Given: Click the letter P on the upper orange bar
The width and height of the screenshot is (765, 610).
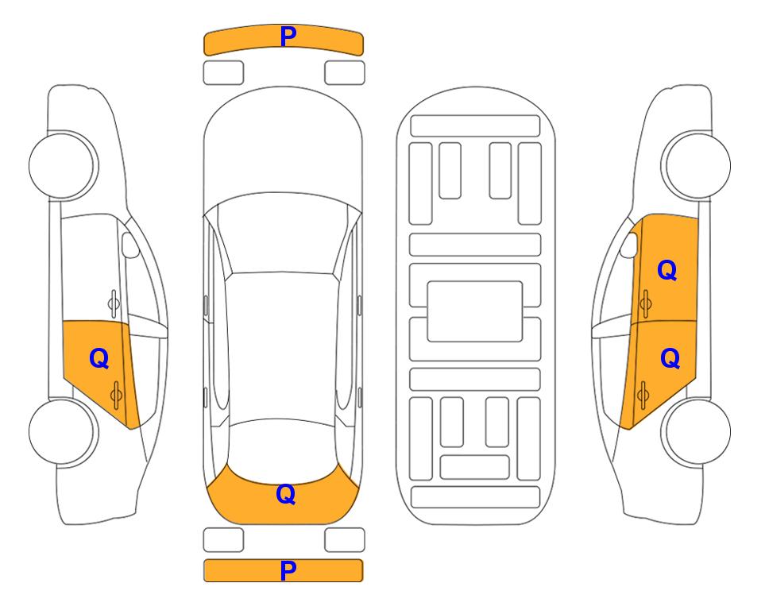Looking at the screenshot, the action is (288, 37).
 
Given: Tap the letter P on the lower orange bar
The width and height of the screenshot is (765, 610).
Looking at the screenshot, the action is (288, 570).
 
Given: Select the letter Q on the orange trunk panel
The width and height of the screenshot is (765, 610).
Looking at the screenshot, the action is (286, 494).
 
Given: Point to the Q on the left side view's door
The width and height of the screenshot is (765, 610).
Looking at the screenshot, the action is (99, 359).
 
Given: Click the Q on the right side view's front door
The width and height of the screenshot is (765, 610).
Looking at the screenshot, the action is (667, 270).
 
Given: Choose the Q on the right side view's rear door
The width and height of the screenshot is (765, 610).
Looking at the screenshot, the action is (670, 359).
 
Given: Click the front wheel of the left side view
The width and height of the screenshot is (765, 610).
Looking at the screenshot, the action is (62, 165).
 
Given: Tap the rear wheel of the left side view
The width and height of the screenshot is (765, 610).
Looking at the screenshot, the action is (62, 432).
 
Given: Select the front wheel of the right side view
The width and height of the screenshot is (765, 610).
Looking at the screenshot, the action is (697, 165).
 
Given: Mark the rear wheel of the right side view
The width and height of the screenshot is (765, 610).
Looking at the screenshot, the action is (697, 432).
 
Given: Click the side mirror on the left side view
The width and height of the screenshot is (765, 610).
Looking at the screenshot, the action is (129, 245).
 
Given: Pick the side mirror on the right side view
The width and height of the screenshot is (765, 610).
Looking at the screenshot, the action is (629, 245).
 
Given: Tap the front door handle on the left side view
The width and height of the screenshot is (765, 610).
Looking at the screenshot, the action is (114, 303).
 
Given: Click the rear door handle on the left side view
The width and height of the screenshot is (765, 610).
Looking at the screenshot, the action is (116, 395).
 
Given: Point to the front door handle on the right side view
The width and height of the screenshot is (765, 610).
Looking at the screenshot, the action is (646, 303).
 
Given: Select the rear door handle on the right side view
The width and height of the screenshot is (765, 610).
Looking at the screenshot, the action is (643, 395).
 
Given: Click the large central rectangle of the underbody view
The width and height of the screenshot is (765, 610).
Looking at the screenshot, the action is (475, 311).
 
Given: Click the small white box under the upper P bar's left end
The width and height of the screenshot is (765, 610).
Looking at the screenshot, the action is (223, 73).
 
